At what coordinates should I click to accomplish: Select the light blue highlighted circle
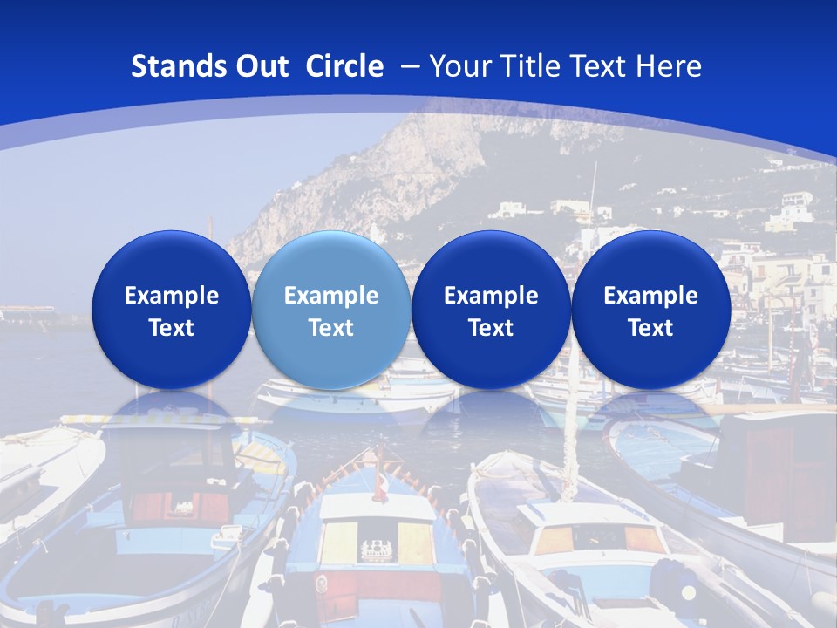click(330, 310)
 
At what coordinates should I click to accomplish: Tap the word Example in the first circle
click(172, 296)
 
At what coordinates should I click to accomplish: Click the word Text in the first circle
click(172, 328)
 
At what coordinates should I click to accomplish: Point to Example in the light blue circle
click(331, 296)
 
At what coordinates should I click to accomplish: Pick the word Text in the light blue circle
click(331, 328)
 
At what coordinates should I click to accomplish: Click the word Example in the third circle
click(491, 296)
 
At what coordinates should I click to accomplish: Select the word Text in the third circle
click(491, 328)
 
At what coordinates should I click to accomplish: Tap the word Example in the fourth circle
click(650, 296)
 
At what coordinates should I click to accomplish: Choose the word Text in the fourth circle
click(650, 328)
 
